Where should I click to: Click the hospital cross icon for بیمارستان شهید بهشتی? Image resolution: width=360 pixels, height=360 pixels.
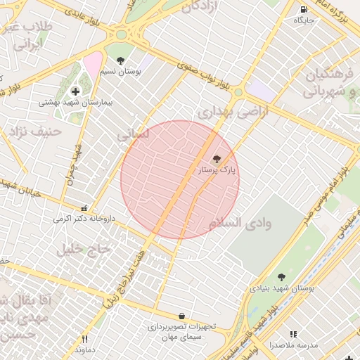pyautogui.click(x=75, y=91)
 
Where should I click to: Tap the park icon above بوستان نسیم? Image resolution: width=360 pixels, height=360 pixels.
pyautogui.click(x=121, y=60)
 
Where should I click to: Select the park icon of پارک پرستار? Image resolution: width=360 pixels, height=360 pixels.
pyautogui.click(x=216, y=160)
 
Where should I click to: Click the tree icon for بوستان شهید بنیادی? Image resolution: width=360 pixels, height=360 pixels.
pyautogui.click(x=282, y=278)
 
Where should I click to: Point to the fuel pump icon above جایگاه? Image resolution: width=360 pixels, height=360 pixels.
pyautogui.click(x=304, y=10)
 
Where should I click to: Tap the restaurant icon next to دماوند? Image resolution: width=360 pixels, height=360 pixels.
pyautogui.click(x=85, y=339)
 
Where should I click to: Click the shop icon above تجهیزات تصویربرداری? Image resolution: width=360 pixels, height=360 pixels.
pyautogui.click(x=182, y=316)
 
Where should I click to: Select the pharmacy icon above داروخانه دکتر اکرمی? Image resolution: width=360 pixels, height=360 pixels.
pyautogui.click(x=85, y=208)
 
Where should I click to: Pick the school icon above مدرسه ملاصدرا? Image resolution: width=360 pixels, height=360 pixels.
pyautogui.click(x=294, y=335)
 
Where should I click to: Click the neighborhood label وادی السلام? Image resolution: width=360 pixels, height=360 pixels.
pyautogui.click(x=239, y=223)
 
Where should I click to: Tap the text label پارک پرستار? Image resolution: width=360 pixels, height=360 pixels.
pyautogui.click(x=219, y=170)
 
